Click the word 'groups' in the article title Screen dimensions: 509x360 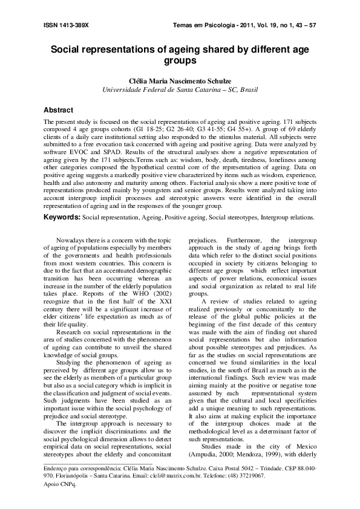coord(180,61)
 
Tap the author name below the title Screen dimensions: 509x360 coord(180,80)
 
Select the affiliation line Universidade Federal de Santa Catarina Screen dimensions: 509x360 coord(180,89)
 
